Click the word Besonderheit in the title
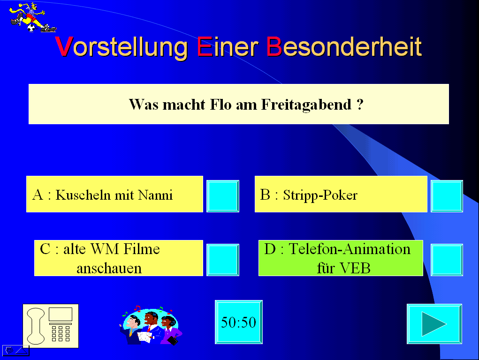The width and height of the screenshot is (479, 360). click(x=344, y=46)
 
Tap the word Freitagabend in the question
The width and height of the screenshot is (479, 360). click(x=306, y=105)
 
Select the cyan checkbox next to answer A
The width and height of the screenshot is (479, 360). click(x=223, y=196)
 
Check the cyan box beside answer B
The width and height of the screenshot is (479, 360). click(x=447, y=196)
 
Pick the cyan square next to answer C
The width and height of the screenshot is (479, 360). click(x=223, y=260)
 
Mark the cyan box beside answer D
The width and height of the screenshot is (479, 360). click(x=447, y=260)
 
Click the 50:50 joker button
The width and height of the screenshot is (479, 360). click(x=239, y=322)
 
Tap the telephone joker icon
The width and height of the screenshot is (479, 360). click(x=51, y=326)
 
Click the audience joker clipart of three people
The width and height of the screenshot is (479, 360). click(x=151, y=325)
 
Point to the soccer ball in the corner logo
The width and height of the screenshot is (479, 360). click(x=31, y=29)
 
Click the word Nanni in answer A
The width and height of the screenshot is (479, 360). click(x=155, y=195)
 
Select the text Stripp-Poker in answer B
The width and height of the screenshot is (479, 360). click(x=320, y=195)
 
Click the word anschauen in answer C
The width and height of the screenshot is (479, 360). click(x=109, y=269)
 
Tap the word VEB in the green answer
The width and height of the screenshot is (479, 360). click(x=355, y=269)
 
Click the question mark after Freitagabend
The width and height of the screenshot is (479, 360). click(x=360, y=105)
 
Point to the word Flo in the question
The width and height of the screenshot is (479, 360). click(x=220, y=105)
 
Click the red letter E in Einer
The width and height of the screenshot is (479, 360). click(x=205, y=46)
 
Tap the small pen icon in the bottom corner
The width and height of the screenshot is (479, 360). click(x=9, y=350)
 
